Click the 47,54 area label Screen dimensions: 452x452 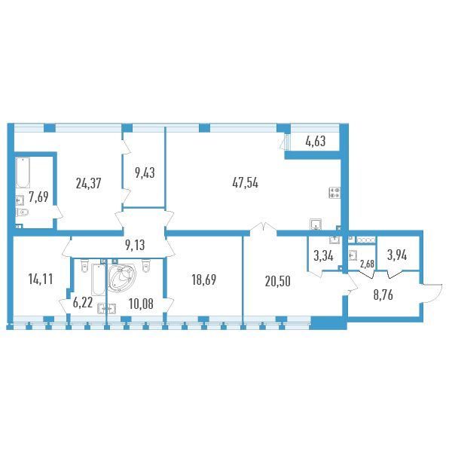coord(246,182)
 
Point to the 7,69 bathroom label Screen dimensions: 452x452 coord(39,198)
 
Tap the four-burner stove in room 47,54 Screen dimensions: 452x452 coord(335,192)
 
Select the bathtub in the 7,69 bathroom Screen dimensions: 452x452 coord(21,173)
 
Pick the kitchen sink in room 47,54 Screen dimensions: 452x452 coord(316,223)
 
